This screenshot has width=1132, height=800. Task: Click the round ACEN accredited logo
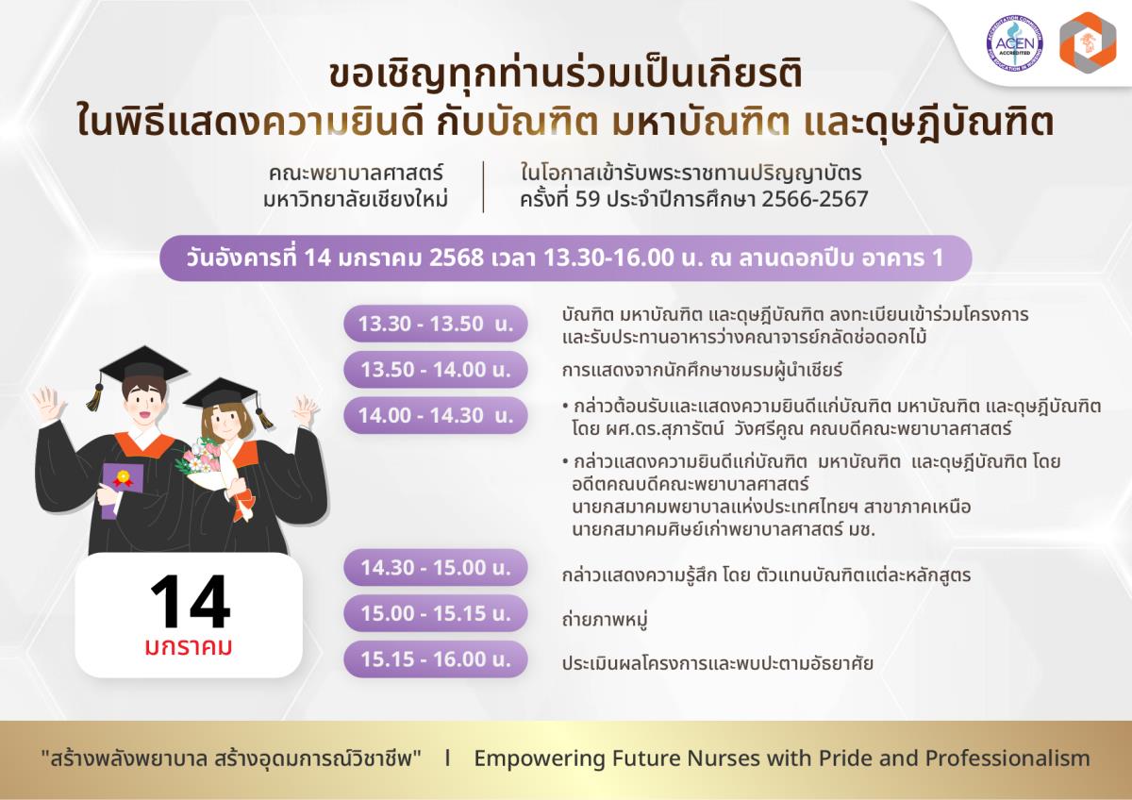(x=1014, y=42)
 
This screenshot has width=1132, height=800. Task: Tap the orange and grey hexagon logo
(x=1088, y=43)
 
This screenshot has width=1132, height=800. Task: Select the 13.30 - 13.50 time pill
(x=436, y=324)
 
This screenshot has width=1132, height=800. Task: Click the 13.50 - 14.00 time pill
(x=436, y=370)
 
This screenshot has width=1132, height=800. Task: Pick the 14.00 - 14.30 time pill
(x=436, y=415)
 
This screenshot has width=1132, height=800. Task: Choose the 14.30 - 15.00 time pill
(x=436, y=568)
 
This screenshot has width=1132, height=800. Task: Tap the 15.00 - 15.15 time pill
(x=436, y=613)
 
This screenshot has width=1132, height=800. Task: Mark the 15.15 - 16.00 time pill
(x=436, y=659)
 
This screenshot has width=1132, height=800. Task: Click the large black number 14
(x=190, y=601)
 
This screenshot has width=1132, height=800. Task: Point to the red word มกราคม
(x=189, y=647)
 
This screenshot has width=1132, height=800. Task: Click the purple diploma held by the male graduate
(x=122, y=491)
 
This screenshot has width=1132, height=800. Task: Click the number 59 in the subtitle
(x=588, y=199)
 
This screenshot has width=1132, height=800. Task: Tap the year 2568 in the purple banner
(x=457, y=258)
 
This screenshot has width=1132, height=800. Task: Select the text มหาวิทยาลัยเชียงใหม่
(x=356, y=199)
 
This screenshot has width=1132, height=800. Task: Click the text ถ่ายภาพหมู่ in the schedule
(x=605, y=619)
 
